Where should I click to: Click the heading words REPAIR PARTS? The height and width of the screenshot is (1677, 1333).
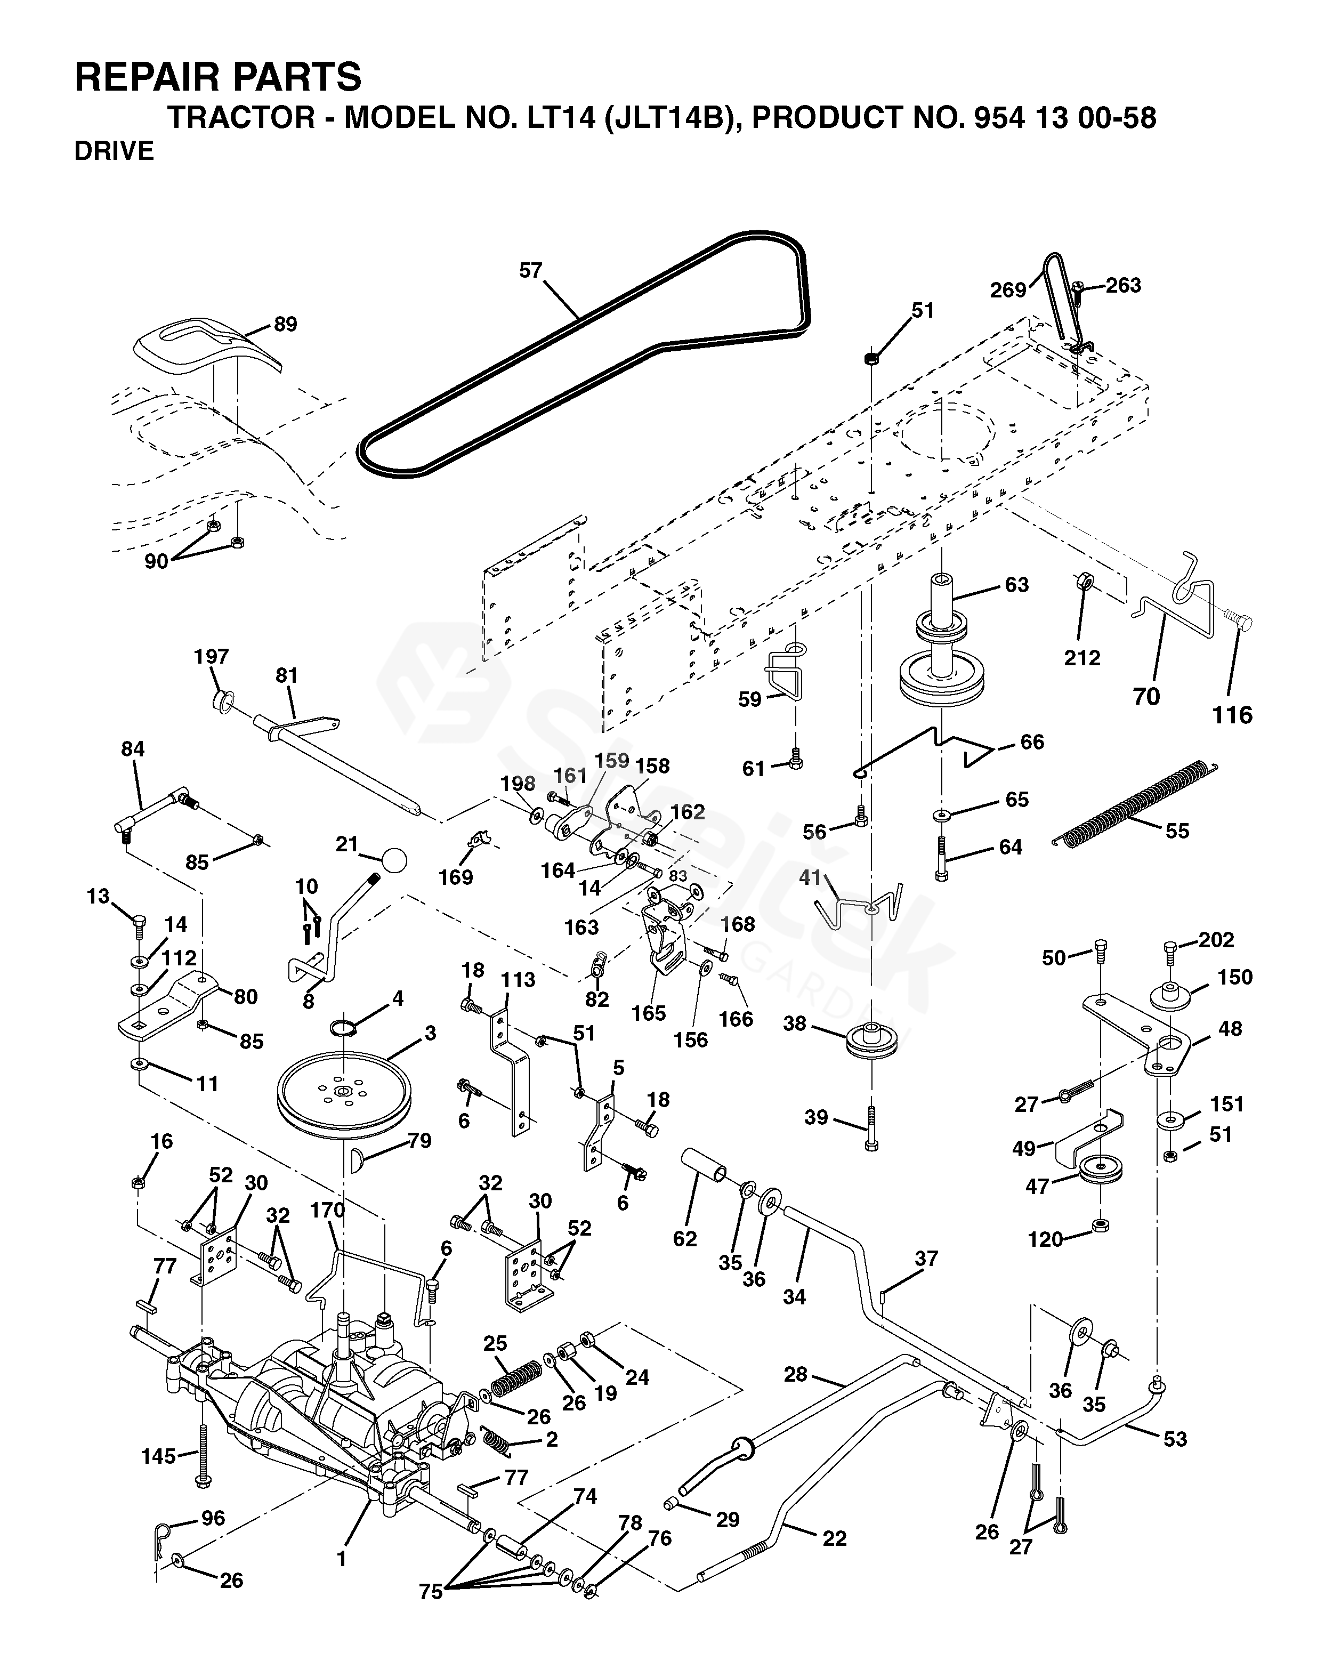[218, 78]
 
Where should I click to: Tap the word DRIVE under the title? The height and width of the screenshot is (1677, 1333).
[114, 151]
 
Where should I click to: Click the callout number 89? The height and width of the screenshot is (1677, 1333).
[286, 324]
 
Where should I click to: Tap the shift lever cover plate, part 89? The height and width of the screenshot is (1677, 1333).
[205, 347]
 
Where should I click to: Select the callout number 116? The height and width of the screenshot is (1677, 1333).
[1233, 715]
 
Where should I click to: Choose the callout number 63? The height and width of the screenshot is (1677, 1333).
[1016, 584]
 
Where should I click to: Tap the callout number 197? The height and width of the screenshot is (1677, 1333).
[212, 657]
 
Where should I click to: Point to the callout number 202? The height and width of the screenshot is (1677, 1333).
[1216, 940]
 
